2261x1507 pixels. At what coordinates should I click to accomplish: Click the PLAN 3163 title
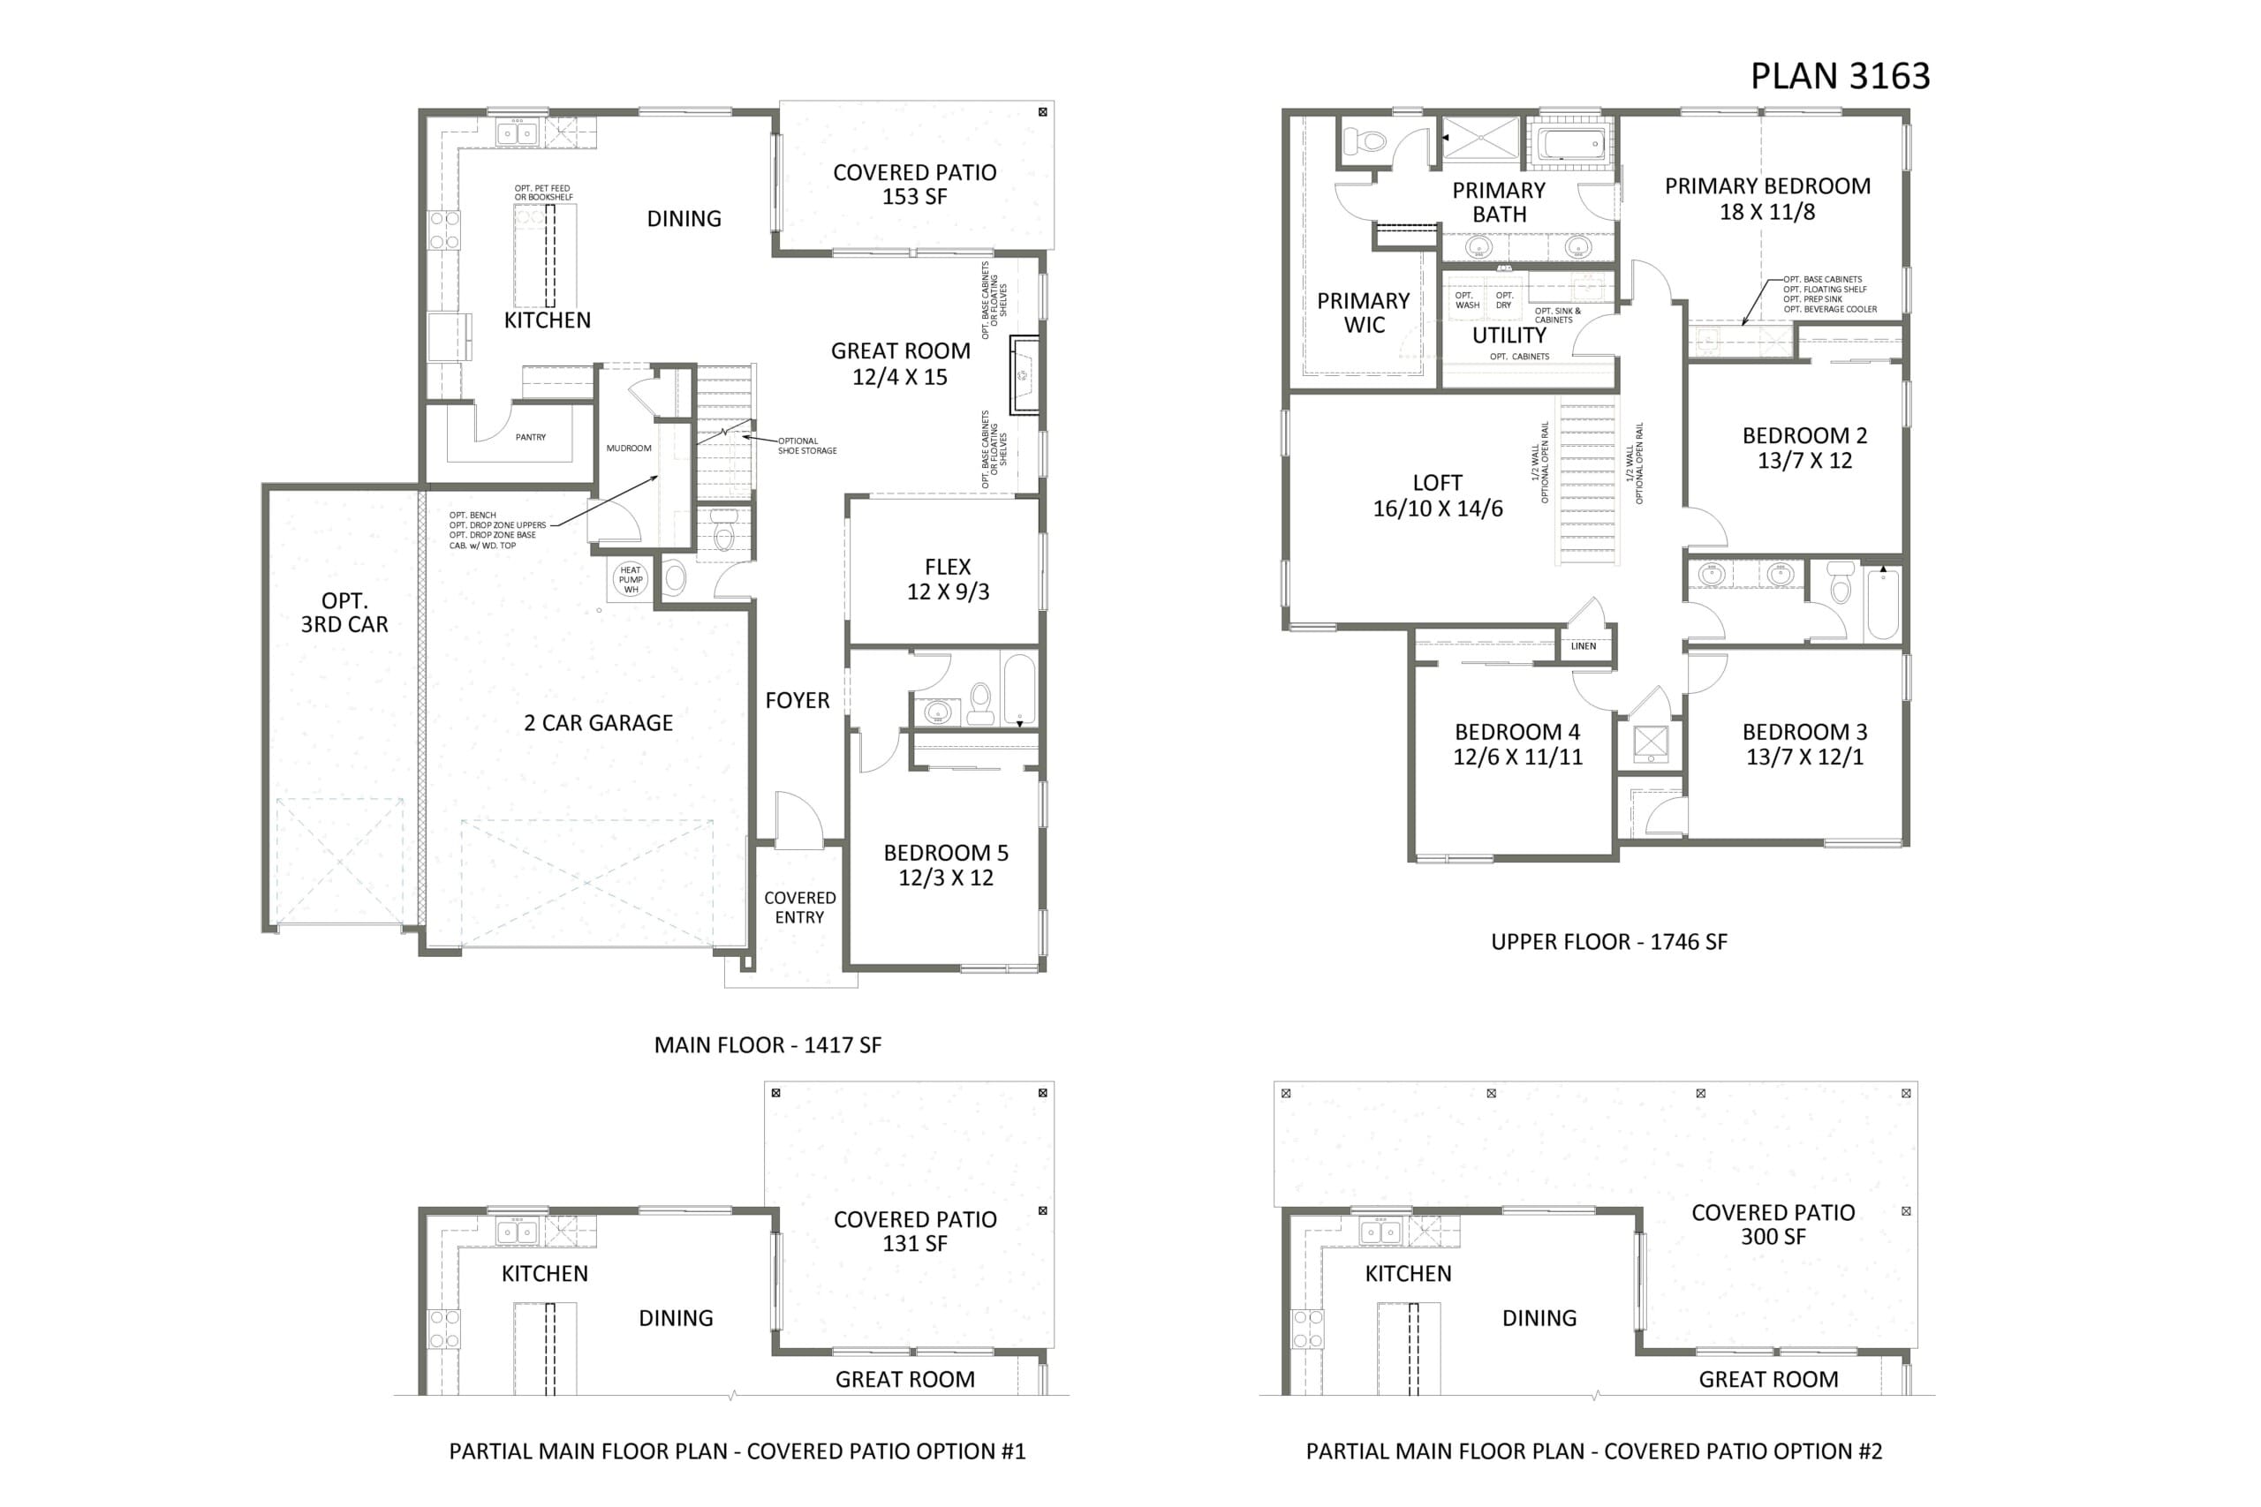tap(1839, 76)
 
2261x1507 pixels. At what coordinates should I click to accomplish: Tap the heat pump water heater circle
tap(631, 578)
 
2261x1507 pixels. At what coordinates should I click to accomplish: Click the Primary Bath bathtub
tap(1571, 145)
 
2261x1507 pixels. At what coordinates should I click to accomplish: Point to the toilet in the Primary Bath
tap(1365, 141)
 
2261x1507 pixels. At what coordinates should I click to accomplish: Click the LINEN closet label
tap(1584, 646)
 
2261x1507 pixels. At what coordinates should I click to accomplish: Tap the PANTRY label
tap(531, 437)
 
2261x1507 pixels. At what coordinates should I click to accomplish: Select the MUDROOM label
tap(629, 448)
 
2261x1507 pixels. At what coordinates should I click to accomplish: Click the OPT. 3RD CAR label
tap(344, 612)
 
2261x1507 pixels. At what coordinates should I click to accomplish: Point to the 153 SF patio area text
tap(914, 197)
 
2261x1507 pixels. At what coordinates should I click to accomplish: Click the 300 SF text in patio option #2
tap(1773, 1237)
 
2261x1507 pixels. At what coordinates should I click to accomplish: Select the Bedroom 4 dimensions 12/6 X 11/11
tap(1517, 757)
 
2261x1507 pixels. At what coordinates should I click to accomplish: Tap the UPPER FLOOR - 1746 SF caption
tap(1608, 942)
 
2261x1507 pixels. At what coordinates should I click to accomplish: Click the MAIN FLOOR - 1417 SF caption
tap(768, 1044)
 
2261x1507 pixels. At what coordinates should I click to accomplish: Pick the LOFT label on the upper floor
tap(1437, 484)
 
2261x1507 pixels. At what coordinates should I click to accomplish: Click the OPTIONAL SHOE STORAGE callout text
tap(807, 446)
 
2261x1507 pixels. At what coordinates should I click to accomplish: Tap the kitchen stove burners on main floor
tap(443, 230)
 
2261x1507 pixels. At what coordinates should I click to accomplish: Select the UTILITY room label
tap(1509, 335)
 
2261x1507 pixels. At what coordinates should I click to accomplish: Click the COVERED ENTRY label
tap(800, 908)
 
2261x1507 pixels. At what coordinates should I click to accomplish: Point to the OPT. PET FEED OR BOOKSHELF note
tap(543, 193)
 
